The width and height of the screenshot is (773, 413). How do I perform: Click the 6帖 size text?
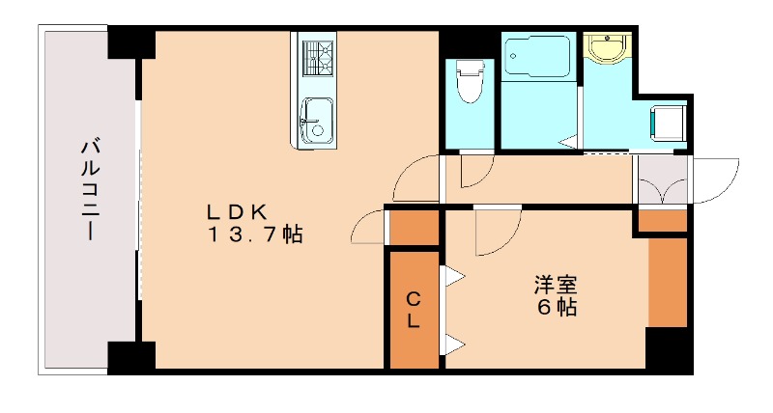pos(558,309)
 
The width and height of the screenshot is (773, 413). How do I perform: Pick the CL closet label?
pos(413,310)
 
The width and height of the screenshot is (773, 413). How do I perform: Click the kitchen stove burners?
pos(315,55)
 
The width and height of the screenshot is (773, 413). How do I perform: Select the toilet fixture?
pos(470,81)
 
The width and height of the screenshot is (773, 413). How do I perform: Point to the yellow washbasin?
pos(607,48)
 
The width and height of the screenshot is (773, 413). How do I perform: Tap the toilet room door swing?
pos(475,172)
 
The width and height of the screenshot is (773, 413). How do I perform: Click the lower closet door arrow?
pos(452,343)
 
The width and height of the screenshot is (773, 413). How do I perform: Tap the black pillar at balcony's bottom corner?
pos(129,357)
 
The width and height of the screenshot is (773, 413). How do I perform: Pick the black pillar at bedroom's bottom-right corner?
pos(669,351)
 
